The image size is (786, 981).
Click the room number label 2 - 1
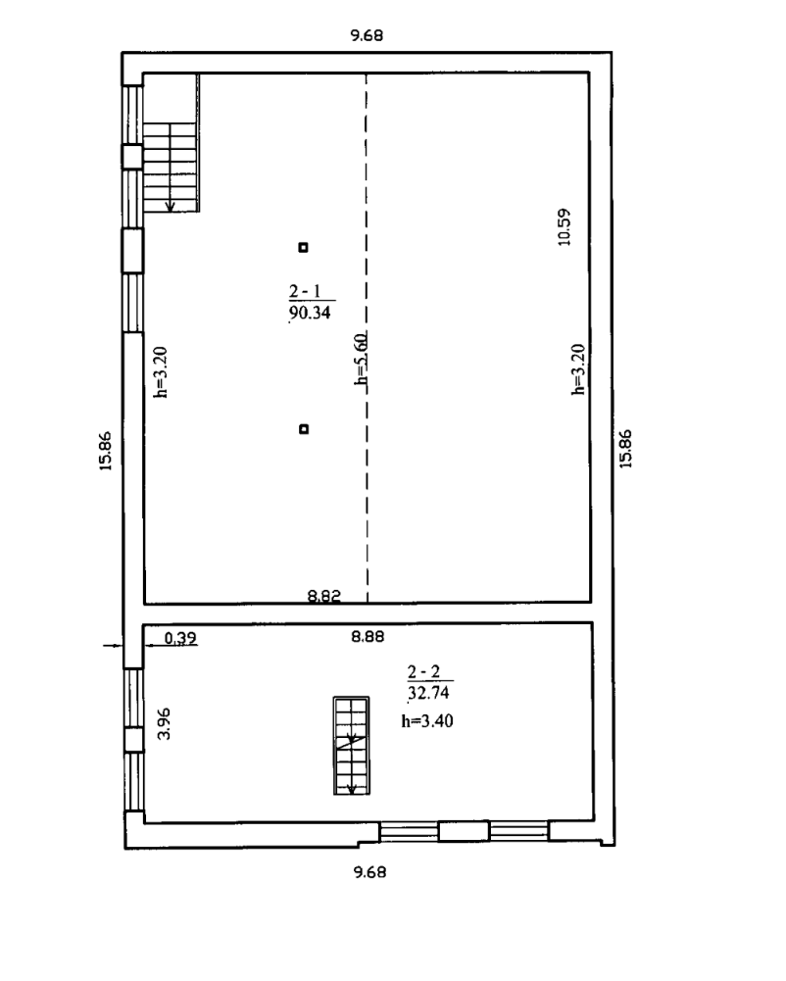[x=305, y=291]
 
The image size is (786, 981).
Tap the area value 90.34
[x=310, y=313]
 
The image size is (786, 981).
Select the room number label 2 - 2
[x=423, y=672]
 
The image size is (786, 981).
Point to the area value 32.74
[x=428, y=693]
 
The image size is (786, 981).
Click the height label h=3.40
[x=427, y=720]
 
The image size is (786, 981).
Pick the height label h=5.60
[x=361, y=359]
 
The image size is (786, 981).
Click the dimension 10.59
[x=564, y=227]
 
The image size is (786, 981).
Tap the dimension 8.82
[x=324, y=596]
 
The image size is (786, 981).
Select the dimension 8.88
[x=368, y=637]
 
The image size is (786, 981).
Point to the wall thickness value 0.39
[x=180, y=638]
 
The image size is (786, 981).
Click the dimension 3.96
[x=164, y=723]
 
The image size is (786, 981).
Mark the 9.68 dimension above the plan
[x=367, y=35]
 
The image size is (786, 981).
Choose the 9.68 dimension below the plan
[x=369, y=871]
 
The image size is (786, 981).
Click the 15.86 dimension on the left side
[x=105, y=451]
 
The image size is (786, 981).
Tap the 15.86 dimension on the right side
[x=625, y=449]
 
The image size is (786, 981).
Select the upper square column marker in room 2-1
[x=304, y=247]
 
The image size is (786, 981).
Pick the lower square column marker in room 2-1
[x=304, y=429]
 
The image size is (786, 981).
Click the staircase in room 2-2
[x=352, y=746]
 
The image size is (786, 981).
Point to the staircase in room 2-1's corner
[x=171, y=143]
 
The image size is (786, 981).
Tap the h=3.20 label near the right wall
[x=579, y=369]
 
